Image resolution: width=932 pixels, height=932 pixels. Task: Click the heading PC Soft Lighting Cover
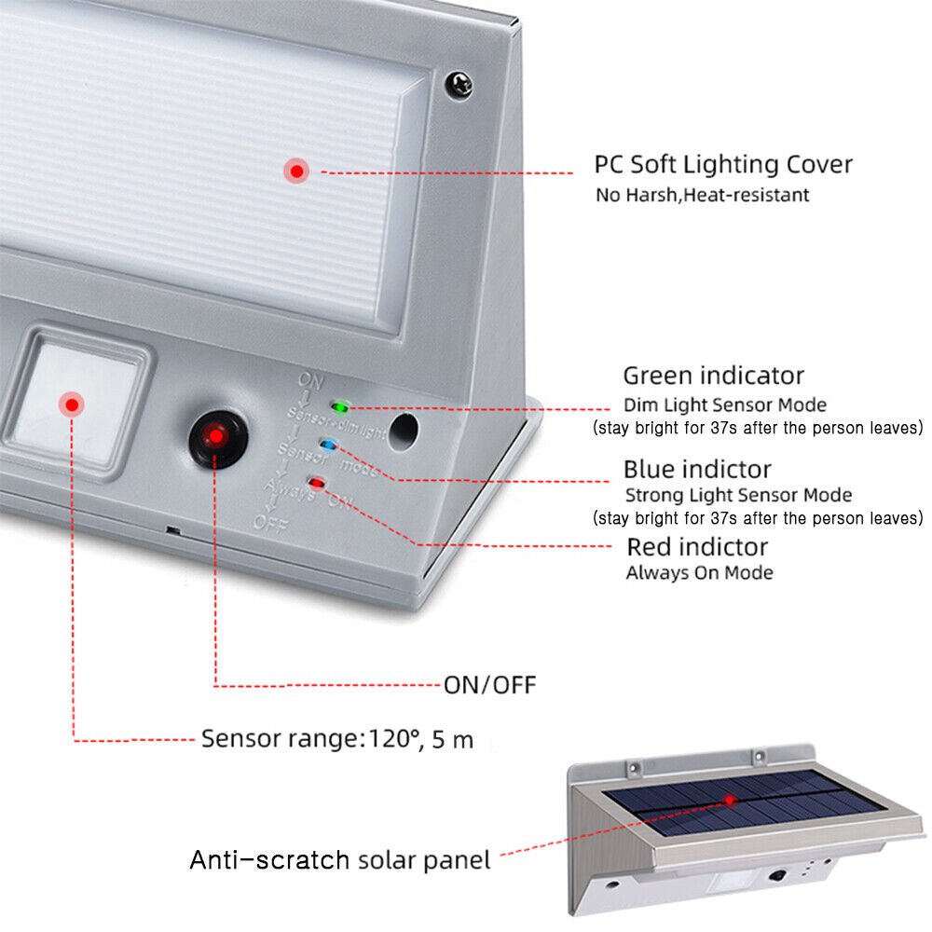coord(723,165)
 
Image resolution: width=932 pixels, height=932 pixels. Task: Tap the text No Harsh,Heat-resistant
coord(703,195)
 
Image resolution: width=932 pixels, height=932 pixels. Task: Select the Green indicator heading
coord(713,376)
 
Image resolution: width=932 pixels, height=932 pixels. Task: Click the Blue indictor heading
coord(697,468)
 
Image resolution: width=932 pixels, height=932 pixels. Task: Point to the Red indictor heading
coord(697,546)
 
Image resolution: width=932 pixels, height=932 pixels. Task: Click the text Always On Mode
coord(699,572)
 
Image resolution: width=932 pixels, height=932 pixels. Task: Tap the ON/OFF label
coord(489,685)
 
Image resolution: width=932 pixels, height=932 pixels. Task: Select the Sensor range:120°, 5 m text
coord(337,740)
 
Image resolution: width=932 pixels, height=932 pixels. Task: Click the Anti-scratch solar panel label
coord(340,859)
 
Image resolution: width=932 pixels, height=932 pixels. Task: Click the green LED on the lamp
coord(340,407)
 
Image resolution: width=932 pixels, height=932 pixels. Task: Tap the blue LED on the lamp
coord(327,445)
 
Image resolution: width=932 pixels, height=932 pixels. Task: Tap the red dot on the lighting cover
coord(297,171)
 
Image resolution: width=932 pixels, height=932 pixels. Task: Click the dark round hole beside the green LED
coord(403,430)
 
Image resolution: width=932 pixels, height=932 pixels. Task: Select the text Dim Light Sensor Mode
coord(725,404)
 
